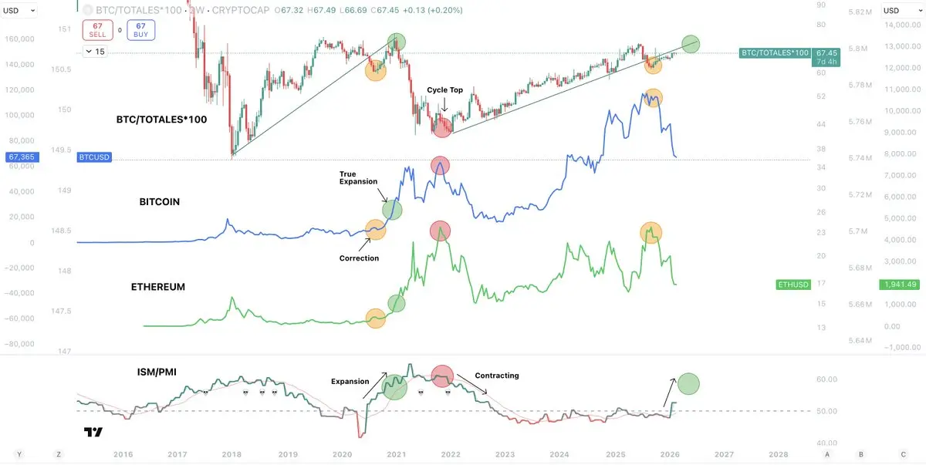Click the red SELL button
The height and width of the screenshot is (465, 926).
pyautogui.click(x=97, y=30)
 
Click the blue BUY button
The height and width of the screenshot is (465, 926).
pyautogui.click(x=140, y=30)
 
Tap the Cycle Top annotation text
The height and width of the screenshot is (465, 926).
pyautogui.click(x=445, y=90)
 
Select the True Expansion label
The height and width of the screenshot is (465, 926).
pyautogui.click(x=359, y=178)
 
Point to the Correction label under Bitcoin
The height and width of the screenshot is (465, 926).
pyautogui.click(x=359, y=258)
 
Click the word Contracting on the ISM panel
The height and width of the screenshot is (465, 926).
pyautogui.click(x=497, y=376)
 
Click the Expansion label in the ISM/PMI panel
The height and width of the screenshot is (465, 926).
pyautogui.click(x=350, y=381)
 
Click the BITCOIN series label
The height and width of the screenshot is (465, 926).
pyautogui.click(x=159, y=202)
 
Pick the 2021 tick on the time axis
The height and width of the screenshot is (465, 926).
pyautogui.click(x=397, y=455)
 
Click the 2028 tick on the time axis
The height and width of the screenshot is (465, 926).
pyautogui.click(x=778, y=455)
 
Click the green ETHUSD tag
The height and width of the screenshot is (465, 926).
pyautogui.click(x=794, y=285)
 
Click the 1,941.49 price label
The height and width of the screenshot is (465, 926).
pyautogui.click(x=901, y=285)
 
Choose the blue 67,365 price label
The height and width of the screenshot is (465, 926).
pyautogui.click(x=22, y=157)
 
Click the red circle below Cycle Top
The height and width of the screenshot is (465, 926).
pyautogui.click(x=441, y=127)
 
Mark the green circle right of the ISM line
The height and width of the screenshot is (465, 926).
pyautogui.click(x=688, y=383)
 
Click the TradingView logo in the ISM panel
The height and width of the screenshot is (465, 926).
pyautogui.click(x=93, y=433)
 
